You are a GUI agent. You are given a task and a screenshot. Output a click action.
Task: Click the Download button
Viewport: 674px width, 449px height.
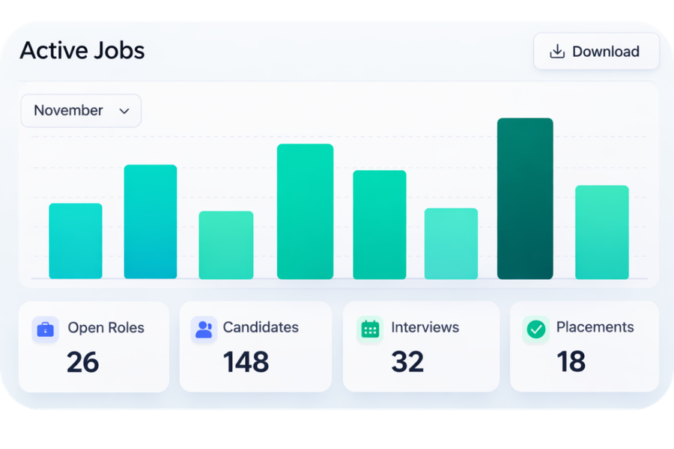596,52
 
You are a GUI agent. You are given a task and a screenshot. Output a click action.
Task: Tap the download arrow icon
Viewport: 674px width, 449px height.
556,52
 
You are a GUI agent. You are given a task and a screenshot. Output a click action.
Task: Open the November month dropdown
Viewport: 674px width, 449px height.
81,111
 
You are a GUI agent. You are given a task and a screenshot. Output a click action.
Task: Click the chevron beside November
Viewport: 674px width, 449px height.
124,111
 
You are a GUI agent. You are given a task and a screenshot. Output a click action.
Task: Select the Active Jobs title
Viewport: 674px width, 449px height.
82,50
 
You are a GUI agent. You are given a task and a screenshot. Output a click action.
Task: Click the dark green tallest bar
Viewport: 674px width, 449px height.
525,198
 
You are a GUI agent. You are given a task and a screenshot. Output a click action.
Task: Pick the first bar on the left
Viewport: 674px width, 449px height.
76,241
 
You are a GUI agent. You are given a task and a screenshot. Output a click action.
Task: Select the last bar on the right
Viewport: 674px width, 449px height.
601,232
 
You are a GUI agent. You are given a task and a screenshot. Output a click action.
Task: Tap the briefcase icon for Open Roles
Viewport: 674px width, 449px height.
46,329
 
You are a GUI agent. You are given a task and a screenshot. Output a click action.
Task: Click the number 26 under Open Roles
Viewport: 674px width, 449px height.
82,362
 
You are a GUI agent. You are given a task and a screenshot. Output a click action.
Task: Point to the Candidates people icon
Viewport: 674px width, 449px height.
204,329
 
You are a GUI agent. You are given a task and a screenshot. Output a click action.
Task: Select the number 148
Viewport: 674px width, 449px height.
246,362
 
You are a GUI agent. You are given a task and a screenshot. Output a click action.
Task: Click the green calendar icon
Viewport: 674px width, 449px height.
370,329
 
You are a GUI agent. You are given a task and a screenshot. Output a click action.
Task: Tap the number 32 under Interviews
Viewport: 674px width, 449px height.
407,362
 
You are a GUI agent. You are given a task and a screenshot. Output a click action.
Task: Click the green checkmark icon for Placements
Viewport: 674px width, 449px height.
535,329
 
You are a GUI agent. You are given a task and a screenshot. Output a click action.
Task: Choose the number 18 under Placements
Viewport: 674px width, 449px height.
571,362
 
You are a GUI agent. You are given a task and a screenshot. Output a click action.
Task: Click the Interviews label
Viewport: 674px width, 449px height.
425,327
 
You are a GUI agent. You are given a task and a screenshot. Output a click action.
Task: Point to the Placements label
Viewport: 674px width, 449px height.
595,327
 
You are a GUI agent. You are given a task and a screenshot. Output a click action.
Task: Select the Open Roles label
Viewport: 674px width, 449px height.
106,328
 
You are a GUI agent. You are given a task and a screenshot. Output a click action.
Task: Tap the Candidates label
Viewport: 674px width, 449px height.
261,327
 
